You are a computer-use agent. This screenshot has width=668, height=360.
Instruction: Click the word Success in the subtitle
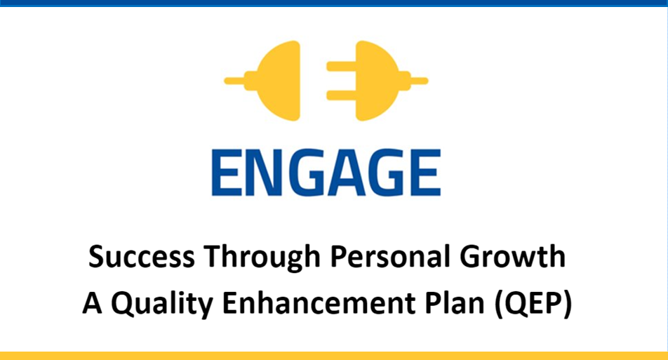[x=142, y=256]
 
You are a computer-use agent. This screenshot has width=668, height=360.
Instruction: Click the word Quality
[x=162, y=304]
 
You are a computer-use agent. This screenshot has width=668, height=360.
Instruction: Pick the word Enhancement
[x=319, y=303]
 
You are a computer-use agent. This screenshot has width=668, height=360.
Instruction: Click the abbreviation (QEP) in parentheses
[x=533, y=304]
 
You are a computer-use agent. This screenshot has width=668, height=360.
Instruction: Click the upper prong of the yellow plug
[x=341, y=67]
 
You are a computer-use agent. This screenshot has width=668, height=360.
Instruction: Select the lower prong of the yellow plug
[x=341, y=95]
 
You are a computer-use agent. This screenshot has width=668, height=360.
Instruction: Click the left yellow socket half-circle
[x=278, y=81]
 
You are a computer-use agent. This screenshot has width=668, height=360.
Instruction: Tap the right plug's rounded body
[x=378, y=81]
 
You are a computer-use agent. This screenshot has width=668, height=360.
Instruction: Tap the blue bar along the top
[x=334, y=4]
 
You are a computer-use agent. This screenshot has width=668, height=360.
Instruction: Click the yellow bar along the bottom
[x=334, y=356]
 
